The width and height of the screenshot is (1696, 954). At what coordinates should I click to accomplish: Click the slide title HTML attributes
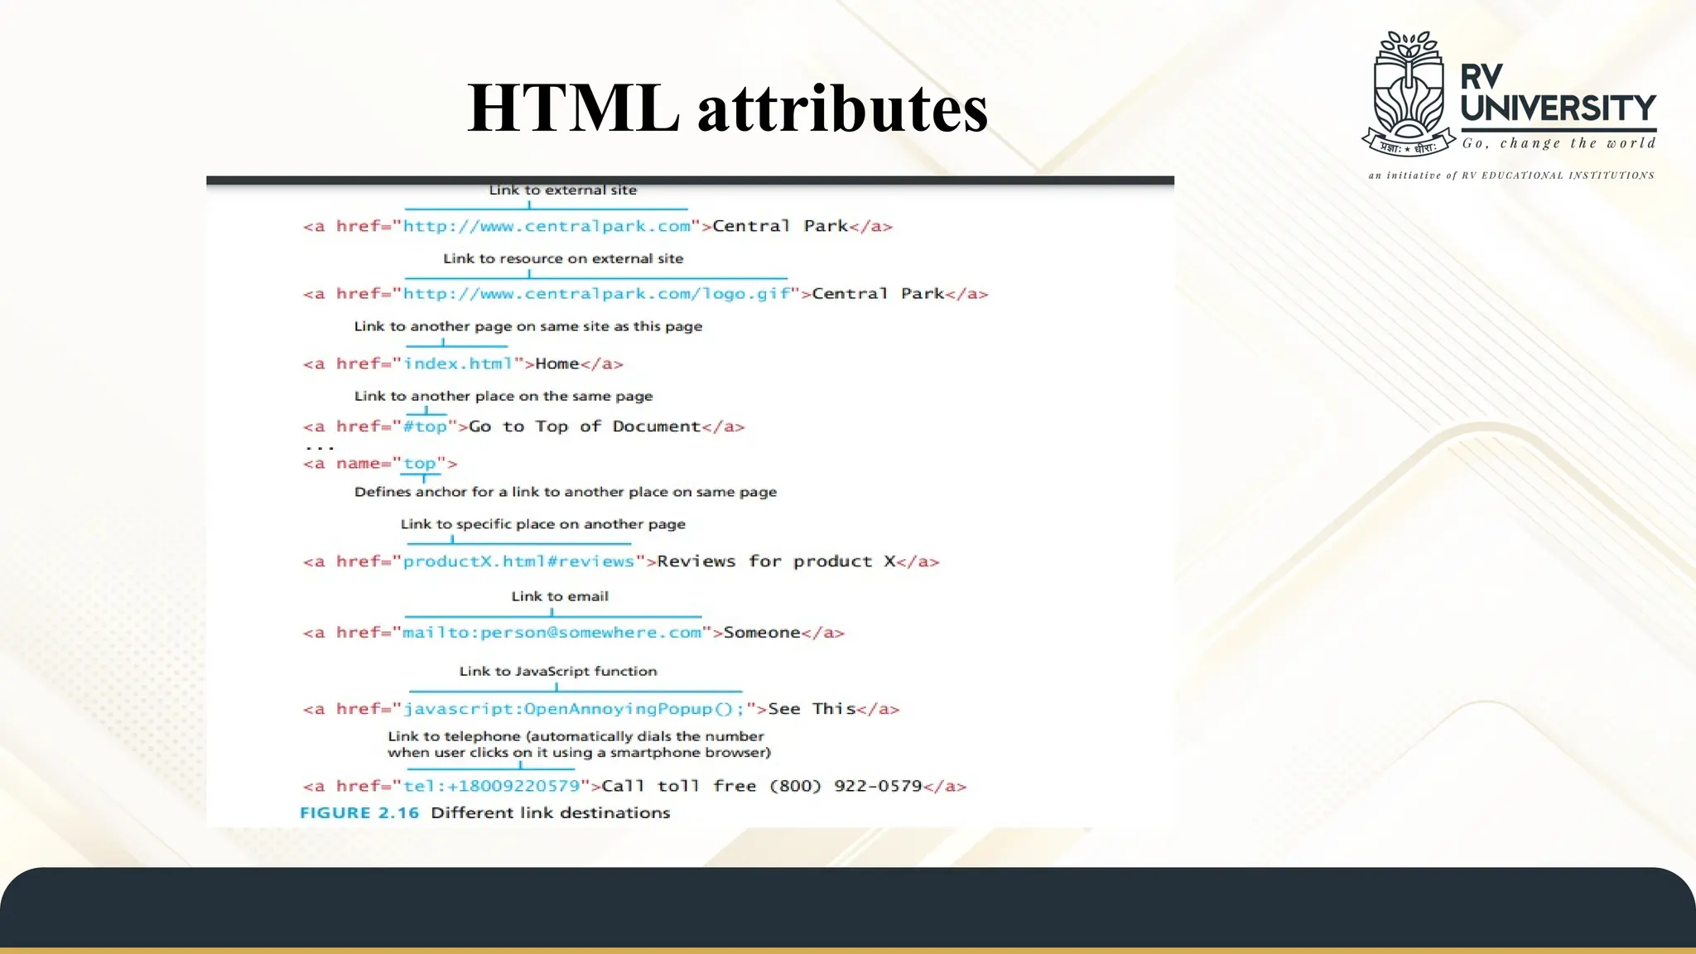[727, 108]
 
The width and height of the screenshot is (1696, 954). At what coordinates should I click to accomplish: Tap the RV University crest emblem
[1409, 94]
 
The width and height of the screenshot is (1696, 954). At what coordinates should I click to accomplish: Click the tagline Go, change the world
[1559, 143]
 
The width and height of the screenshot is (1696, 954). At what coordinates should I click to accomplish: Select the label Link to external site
[563, 190]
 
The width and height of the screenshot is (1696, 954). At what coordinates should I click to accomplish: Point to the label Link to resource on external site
[563, 258]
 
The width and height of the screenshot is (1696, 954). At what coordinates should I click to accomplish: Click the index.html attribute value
[458, 364]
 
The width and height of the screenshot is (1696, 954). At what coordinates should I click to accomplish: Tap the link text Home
[557, 364]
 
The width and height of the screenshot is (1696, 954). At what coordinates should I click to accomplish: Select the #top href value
[425, 426]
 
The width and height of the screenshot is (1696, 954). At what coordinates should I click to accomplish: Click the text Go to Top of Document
[585, 426]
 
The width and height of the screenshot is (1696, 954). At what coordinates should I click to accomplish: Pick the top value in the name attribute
[420, 464]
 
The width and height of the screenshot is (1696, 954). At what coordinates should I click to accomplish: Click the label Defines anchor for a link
[566, 492]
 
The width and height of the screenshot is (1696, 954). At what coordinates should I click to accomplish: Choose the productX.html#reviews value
[518, 561]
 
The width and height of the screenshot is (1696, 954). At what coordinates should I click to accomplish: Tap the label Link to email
[560, 596]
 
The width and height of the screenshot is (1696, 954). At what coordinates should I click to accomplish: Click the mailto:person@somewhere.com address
[552, 633]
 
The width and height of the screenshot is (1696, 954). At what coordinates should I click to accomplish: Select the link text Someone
[762, 633]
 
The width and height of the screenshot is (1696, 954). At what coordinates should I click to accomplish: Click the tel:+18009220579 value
[491, 786]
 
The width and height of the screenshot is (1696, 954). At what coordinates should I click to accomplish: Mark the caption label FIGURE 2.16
[359, 813]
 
